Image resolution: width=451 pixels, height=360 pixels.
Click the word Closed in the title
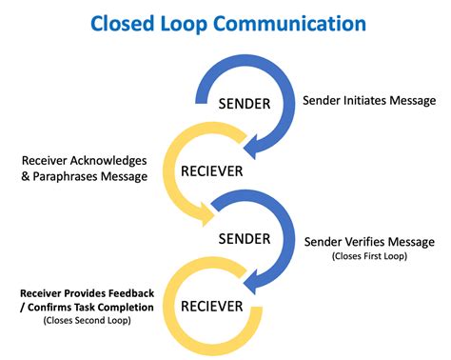116,24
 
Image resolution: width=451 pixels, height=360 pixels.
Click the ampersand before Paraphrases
28,176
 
